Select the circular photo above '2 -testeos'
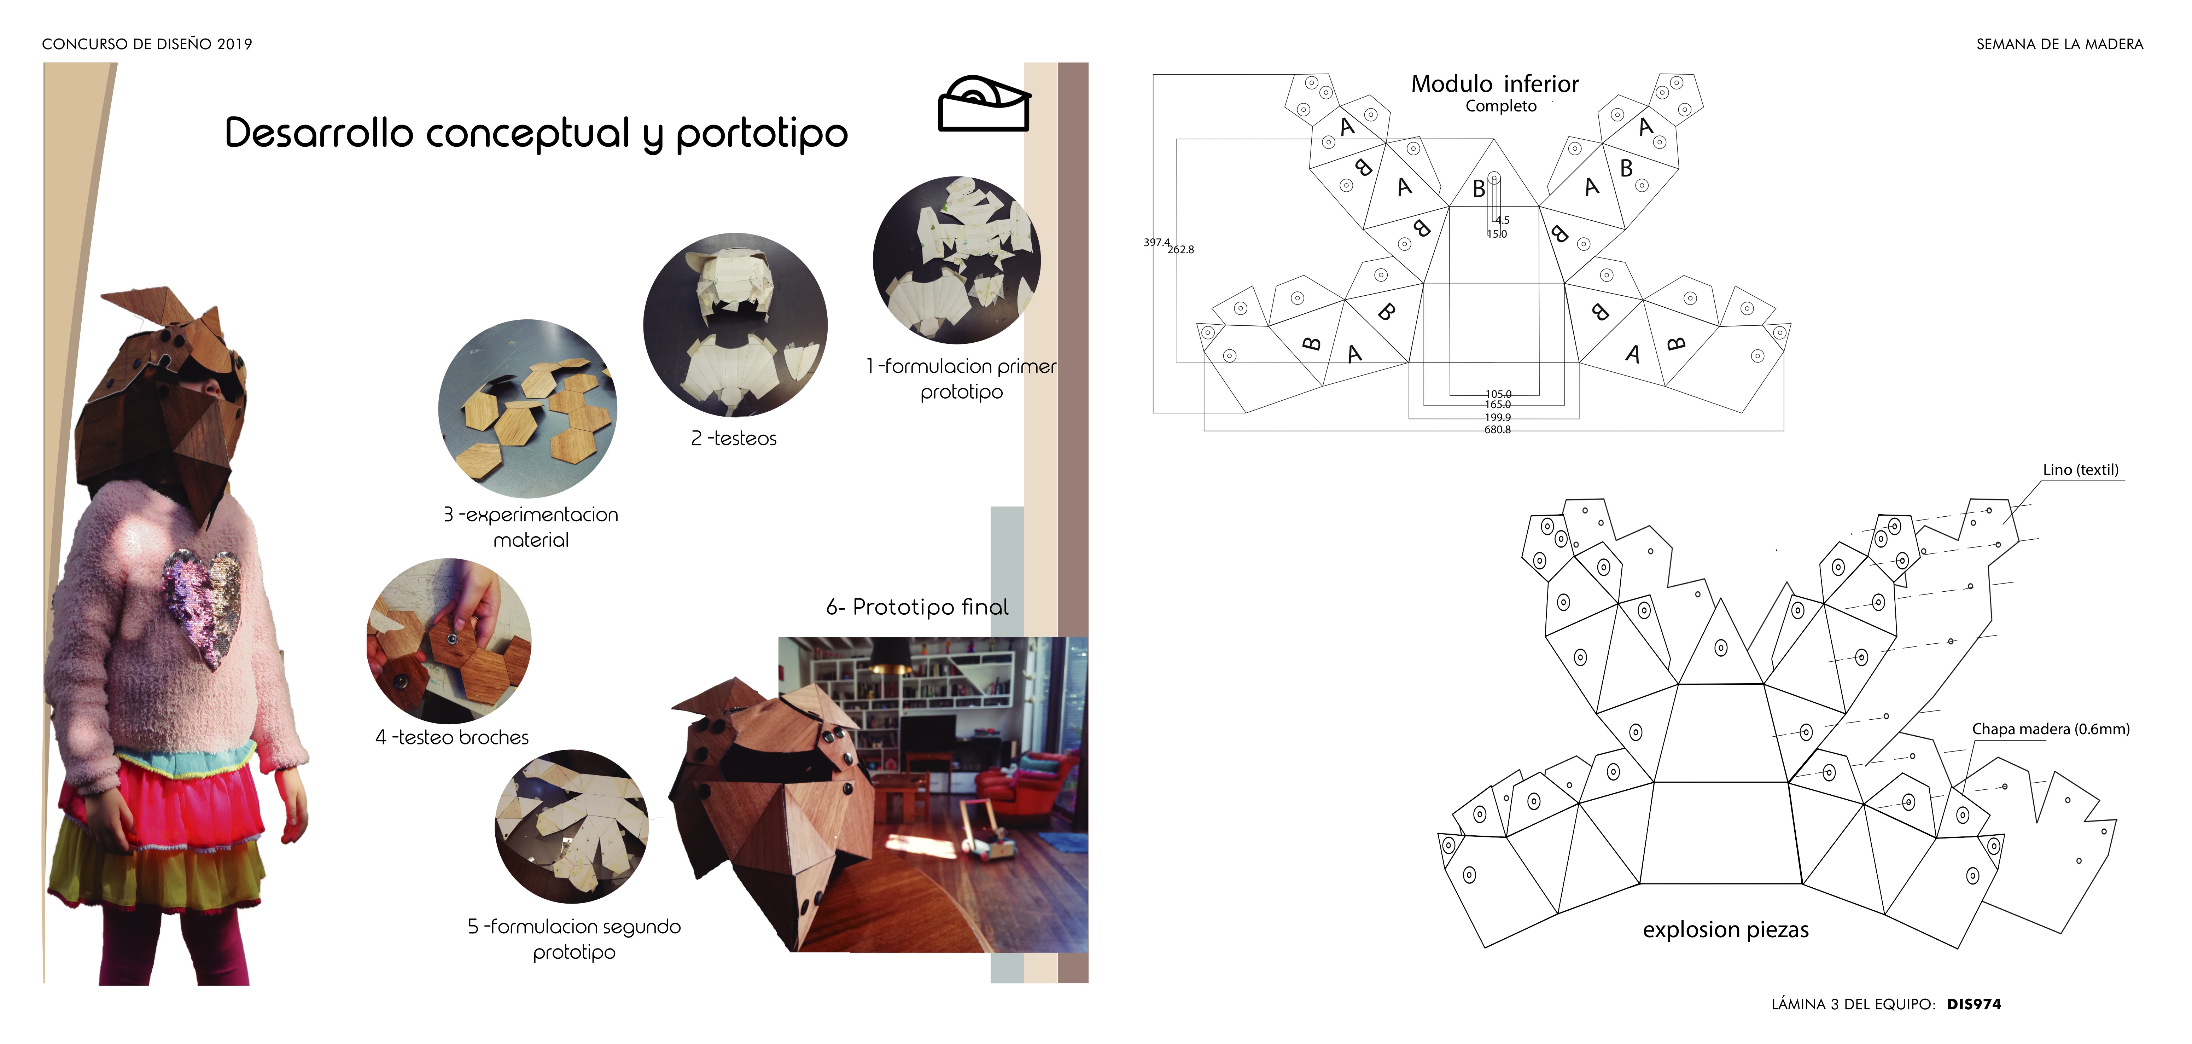pos(735,325)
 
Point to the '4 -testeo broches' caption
pos(452,738)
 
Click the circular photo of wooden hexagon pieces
pos(527,408)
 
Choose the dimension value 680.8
pos(1498,430)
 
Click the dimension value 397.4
pos(1156,243)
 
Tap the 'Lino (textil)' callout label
pos(2081,470)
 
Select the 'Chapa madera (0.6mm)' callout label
pos(2051,729)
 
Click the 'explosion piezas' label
pos(1726,930)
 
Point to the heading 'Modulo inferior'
pos(1495,84)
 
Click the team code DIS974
pos(1974,1004)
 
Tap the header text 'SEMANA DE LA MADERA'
pos(2059,44)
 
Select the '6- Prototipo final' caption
pos(917,607)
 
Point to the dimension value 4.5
pos(1503,220)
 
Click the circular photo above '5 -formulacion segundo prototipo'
pos(572,826)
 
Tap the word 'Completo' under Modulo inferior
pos(1501,106)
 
